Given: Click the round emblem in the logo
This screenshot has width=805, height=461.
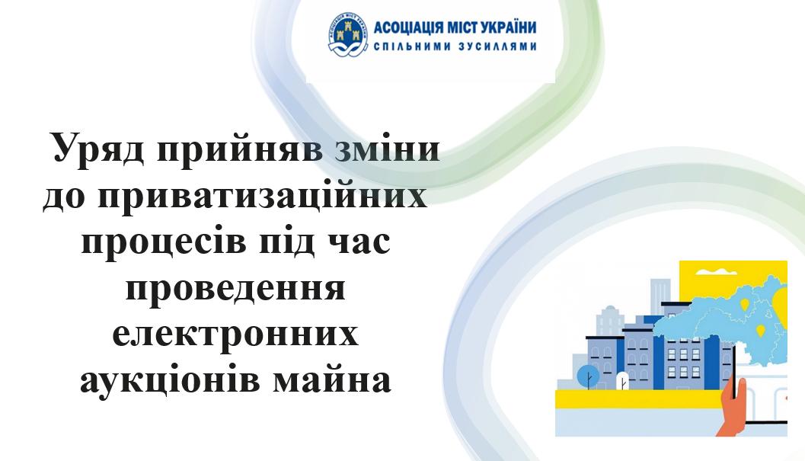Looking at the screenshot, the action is point(348,34).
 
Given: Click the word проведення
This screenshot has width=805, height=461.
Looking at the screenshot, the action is point(235,290).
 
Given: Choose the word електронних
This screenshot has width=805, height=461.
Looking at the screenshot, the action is point(235,334).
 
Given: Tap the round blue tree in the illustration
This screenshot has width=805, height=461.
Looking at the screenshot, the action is point(589,377).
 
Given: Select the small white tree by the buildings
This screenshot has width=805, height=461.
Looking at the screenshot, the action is point(621,381).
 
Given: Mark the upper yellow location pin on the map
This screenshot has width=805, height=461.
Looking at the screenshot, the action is point(744,304).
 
